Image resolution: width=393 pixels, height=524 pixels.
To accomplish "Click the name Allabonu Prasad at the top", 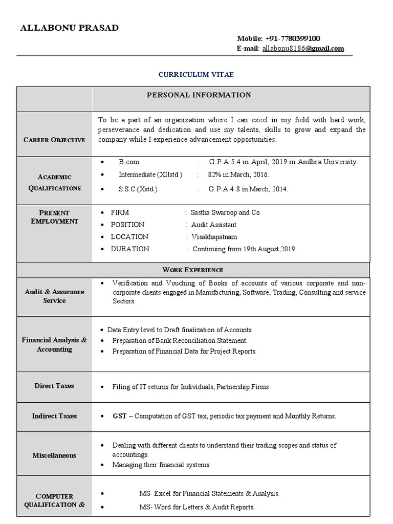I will pos(69,28).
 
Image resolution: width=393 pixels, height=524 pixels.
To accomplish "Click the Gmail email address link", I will pos(303,49).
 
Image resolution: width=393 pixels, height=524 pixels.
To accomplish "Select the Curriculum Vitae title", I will pos(196,75).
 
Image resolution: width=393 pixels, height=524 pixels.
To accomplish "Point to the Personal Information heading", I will pos(199,95).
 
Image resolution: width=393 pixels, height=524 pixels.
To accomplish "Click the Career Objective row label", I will pos(54,140).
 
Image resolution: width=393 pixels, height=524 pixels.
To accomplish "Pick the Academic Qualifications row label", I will pos(54,182).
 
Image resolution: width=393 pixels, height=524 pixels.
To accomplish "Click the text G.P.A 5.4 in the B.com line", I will pos(222,162).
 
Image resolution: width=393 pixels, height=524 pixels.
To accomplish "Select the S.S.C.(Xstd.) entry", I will pos(138,189).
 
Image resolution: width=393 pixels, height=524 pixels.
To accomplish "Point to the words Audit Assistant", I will pos(214,225).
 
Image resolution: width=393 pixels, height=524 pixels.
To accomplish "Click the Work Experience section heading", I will pos(193,270).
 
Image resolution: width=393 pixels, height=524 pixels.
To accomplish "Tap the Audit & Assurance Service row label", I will pos(54,296).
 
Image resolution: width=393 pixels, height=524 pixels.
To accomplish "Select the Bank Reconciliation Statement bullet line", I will pos(180,340).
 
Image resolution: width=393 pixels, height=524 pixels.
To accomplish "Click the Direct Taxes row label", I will pos(54,386).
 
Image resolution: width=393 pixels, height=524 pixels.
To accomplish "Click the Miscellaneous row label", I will pos(54,455).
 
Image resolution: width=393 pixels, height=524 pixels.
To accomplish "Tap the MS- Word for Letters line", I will pos(196,507).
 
